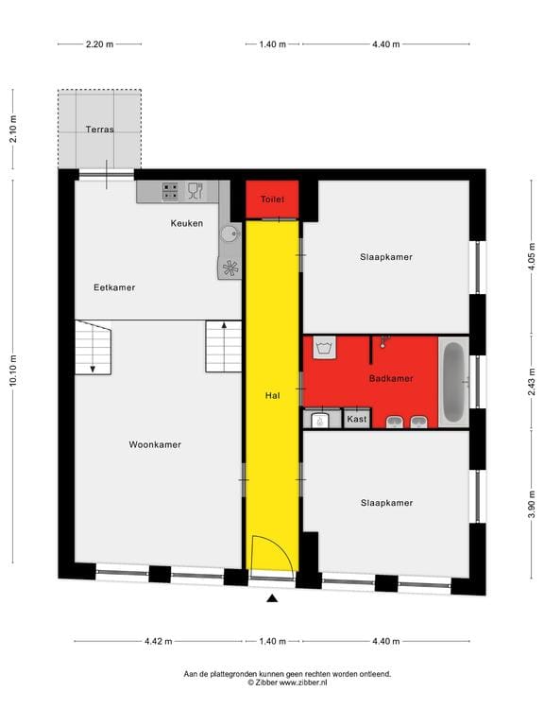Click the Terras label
(x=99, y=130)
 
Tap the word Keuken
(x=187, y=223)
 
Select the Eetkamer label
(x=114, y=286)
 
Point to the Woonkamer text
(x=155, y=443)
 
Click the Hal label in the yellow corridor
(x=272, y=397)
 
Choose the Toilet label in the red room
(x=272, y=199)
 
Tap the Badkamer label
(x=391, y=378)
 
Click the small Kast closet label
(x=357, y=419)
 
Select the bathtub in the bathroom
(x=453, y=381)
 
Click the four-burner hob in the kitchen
(x=171, y=191)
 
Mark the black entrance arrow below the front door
(x=272, y=597)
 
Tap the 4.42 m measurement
(x=159, y=642)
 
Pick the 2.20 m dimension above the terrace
(x=99, y=43)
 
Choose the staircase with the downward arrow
(x=93, y=347)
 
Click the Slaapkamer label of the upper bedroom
(x=386, y=256)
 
